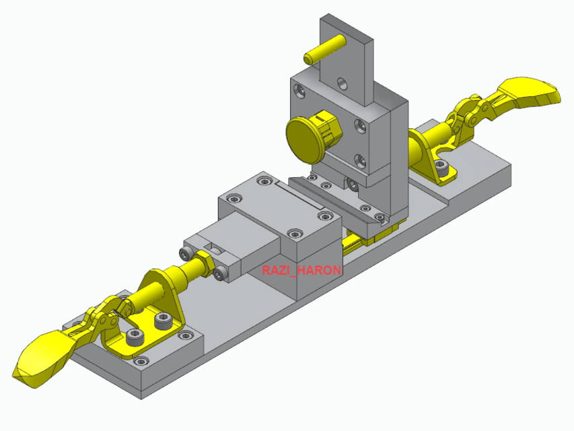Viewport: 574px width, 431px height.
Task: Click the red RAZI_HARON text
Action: pos(302,270)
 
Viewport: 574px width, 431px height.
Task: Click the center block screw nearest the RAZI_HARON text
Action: pos(294,234)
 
